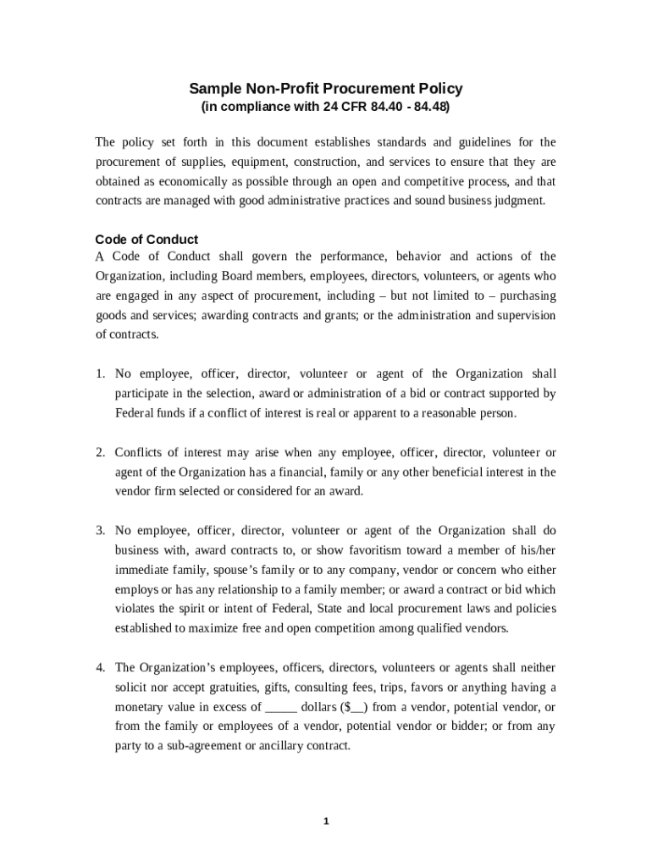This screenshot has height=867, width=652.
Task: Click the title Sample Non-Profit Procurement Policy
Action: pos(325,89)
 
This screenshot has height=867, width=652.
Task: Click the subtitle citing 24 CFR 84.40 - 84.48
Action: pos(325,108)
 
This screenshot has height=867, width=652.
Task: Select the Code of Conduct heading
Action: pos(146,239)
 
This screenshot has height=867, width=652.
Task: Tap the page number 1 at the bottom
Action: pos(326,820)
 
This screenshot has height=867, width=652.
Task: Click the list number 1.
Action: pos(99,374)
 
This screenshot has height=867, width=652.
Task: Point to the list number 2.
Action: pos(99,453)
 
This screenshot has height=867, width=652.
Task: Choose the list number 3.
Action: pos(99,531)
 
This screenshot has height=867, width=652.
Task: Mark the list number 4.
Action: pos(99,668)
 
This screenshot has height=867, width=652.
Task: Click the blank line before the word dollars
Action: pos(281,707)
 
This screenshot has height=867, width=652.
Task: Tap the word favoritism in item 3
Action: pos(336,550)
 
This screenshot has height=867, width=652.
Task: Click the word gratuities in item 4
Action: pos(227,688)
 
